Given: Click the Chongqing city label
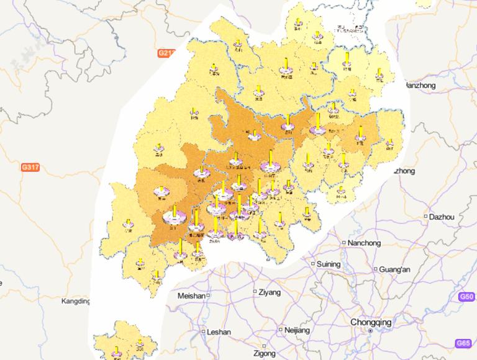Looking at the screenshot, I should tap(371, 322).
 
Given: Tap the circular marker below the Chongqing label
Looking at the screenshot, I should tap(370, 331).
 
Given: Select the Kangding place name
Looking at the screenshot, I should tap(76, 302).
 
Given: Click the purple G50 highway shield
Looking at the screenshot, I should tap(468, 297).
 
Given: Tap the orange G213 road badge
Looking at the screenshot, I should tap(166, 53).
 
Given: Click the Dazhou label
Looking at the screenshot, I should tap(442, 217).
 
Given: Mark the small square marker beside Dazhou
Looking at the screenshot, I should tap(425, 217).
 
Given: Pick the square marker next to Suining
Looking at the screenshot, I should tap(312, 264).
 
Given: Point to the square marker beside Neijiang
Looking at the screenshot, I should tap(281, 330).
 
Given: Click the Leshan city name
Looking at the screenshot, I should tap(218, 332).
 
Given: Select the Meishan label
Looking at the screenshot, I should tap(191, 296).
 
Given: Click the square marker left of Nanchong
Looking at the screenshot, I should tap(343, 243).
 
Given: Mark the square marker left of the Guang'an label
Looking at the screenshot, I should tap(376, 269).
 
